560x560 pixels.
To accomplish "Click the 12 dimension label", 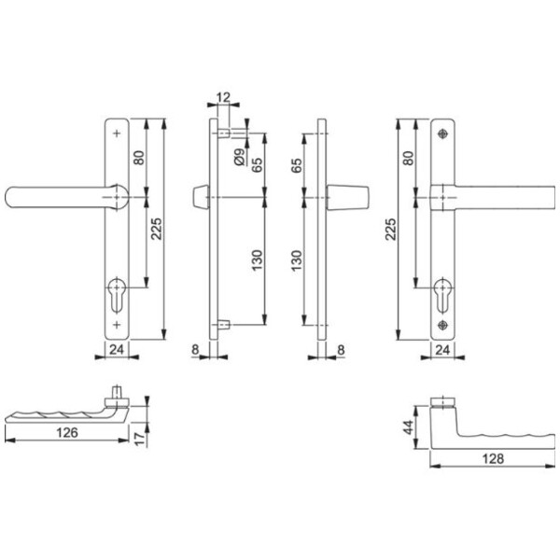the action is pos(224,97).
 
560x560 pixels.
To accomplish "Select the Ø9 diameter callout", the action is pos(240,157).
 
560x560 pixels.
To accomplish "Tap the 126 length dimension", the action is pos(67,432).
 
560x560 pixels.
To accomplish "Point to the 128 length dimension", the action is pos(493,458).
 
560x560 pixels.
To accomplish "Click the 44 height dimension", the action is pos(408,427).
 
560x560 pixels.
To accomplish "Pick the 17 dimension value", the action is pos(140,438).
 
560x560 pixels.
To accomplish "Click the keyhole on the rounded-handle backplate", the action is pos(117,295).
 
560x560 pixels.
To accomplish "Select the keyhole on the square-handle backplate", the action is pos(442,295).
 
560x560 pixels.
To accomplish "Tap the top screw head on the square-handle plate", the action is pos(442,133).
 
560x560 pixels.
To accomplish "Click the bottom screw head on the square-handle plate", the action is pos(442,326).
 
